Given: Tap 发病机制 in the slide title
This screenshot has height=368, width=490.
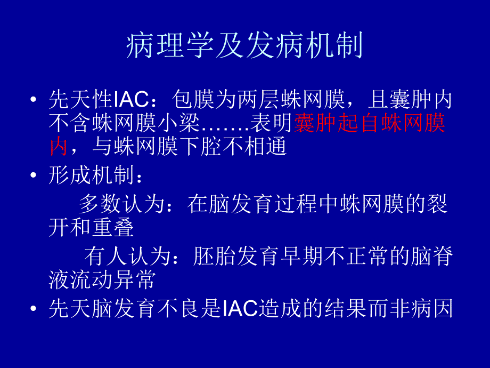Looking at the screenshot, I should tap(305, 46).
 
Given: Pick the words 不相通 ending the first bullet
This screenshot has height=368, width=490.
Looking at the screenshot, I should tap(260, 146).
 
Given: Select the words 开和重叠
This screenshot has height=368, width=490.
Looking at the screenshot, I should tap(91, 228).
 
